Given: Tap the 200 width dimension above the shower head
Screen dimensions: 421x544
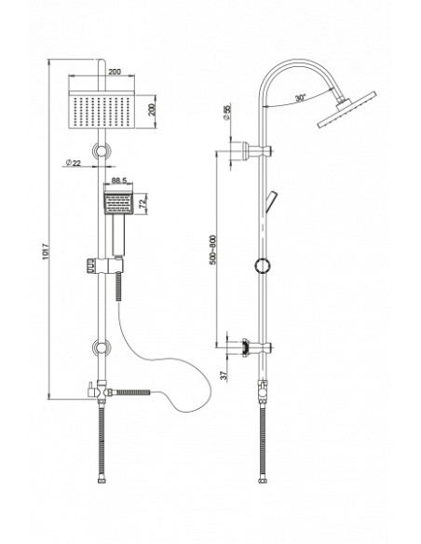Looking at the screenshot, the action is (x=115, y=72).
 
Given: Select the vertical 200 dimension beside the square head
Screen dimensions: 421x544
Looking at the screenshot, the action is (x=152, y=110).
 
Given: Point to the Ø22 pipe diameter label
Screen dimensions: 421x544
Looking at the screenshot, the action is (x=74, y=162).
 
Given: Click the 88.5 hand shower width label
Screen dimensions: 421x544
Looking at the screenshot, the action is (x=119, y=181).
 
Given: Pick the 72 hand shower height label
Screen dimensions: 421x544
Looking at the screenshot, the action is (x=143, y=204).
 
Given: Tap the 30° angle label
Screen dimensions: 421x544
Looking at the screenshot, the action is (x=300, y=98).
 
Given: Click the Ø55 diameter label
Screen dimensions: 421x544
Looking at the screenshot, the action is (x=227, y=113).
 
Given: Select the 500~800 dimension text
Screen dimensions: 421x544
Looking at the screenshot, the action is (x=212, y=250).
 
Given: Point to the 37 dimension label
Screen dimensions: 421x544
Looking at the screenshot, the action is (x=224, y=374).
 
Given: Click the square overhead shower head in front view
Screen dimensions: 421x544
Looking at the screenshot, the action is (x=102, y=109).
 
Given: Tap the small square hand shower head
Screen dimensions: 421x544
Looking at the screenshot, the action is (x=118, y=203).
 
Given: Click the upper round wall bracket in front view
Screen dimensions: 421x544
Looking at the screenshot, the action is (x=102, y=151).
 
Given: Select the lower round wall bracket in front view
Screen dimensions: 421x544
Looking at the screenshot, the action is (x=102, y=348).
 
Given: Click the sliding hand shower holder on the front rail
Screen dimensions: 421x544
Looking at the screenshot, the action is (x=103, y=265).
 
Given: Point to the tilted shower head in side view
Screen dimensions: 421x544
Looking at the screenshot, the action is (x=346, y=109).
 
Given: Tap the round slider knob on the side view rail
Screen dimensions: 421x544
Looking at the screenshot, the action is (x=263, y=265).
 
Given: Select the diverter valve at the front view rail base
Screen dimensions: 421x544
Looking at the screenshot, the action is (x=101, y=391).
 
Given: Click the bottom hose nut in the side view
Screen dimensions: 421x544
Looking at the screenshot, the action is (x=263, y=481).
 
